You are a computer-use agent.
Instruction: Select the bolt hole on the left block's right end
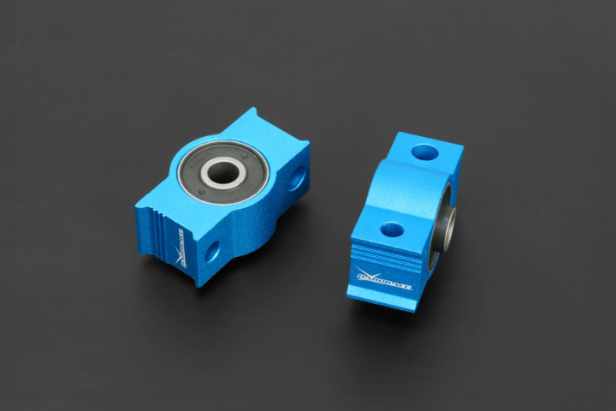tap(296, 179)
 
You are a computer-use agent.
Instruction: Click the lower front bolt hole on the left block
tap(211, 251)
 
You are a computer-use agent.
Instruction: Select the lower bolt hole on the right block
tap(392, 229)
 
